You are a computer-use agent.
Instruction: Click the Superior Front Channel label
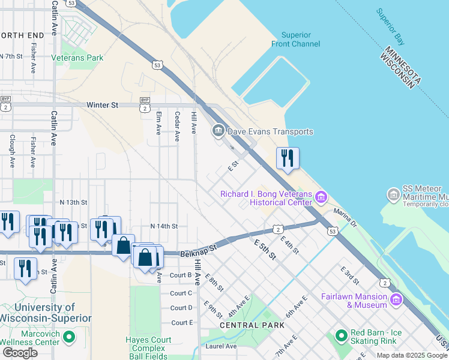tap(298, 40)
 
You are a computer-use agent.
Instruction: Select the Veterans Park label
tap(77, 58)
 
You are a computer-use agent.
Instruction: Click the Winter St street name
tap(102, 105)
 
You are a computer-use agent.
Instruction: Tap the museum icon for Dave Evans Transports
tap(217, 131)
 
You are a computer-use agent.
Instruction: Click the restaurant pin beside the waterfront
tap(288, 158)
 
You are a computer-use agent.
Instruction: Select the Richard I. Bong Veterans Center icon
tap(321, 197)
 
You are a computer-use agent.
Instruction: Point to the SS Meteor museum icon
tap(394, 194)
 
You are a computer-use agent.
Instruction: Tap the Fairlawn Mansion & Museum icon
tap(396, 299)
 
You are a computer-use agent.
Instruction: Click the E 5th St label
tap(265, 249)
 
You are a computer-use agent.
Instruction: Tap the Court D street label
tap(181, 308)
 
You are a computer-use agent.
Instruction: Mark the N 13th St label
tap(73, 203)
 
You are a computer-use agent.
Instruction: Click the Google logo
tap(20, 353)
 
